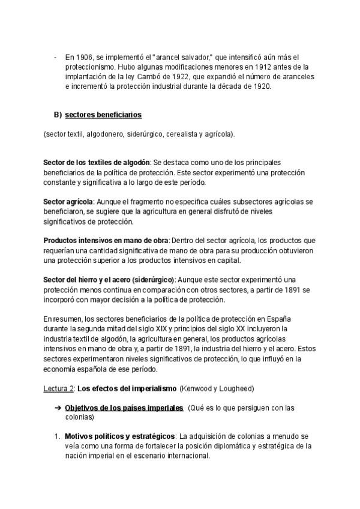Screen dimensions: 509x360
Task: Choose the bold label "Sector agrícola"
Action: (x=68, y=202)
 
